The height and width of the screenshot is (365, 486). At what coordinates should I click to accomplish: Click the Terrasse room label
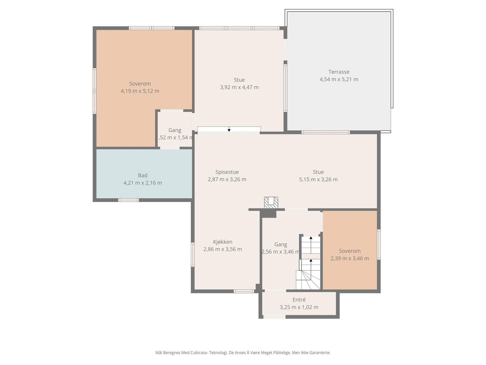coord(339,72)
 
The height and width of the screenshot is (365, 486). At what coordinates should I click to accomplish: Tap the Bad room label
coord(142,175)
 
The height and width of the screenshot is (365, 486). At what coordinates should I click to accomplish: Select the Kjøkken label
coord(223,242)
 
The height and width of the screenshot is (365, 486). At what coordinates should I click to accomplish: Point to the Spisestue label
coord(227,172)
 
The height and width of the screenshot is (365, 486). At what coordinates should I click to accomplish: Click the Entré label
coord(299,300)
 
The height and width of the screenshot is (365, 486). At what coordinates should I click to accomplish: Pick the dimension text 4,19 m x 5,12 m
coord(140,91)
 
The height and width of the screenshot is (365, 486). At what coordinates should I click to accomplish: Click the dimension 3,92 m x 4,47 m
coord(239,87)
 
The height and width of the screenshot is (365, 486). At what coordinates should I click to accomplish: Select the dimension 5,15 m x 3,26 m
coord(318,179)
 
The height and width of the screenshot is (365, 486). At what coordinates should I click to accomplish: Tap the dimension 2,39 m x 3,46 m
coord(350,258)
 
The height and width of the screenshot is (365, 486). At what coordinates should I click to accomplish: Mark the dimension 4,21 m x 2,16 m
coord(142,183)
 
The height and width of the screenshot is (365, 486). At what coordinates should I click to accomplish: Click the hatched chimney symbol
coord(271,203)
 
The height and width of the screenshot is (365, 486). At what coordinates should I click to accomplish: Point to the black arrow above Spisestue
coord(229,129)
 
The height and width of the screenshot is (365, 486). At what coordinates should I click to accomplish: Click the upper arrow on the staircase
coord(311,245)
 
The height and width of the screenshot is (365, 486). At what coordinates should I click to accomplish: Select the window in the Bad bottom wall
coord(128,200)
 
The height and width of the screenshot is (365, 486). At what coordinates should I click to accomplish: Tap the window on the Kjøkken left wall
coord(193,255)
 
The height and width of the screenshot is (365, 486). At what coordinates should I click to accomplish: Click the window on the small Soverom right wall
coord(378,245)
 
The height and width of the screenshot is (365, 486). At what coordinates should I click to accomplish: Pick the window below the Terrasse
coord(326,132)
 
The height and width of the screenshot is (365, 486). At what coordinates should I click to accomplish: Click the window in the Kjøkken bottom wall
coord(244,291)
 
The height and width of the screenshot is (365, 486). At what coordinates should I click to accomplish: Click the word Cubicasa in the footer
coord(199,353)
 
